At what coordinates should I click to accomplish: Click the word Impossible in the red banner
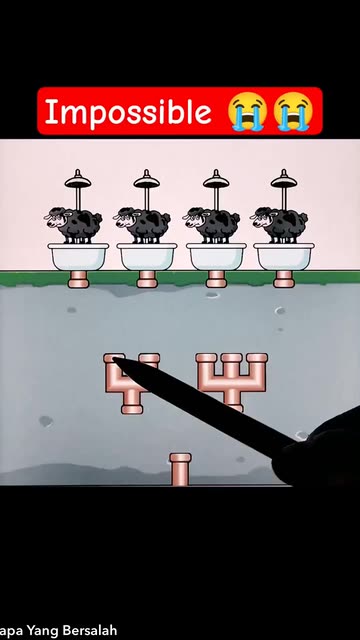[x=128, y=112]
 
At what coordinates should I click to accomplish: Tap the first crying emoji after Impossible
[x=247, y=111]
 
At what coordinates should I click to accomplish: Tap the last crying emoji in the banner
[x=293, y=111]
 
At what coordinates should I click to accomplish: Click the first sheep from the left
[x=73, y=225]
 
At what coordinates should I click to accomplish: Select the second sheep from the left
[x=142, y=225]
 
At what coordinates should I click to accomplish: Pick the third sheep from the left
[x=211, y=225]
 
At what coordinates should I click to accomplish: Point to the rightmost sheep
[x=279, y=225]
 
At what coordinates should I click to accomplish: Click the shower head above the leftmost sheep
[x=78, y=180]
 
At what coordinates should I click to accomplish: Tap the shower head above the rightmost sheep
[x=284, y=180]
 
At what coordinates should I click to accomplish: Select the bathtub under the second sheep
[x=147, y=257]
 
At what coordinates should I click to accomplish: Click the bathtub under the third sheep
[x=216, y=257]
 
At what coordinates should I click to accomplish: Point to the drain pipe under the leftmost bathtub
[x=78, y=279]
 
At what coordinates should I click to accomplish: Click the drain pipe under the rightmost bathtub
[x=284, y=279]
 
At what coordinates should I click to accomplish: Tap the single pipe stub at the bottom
[x=180, y=469]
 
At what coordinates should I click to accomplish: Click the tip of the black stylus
[x=113, y=359]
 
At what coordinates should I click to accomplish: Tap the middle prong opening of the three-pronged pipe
[x=231, y=358]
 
